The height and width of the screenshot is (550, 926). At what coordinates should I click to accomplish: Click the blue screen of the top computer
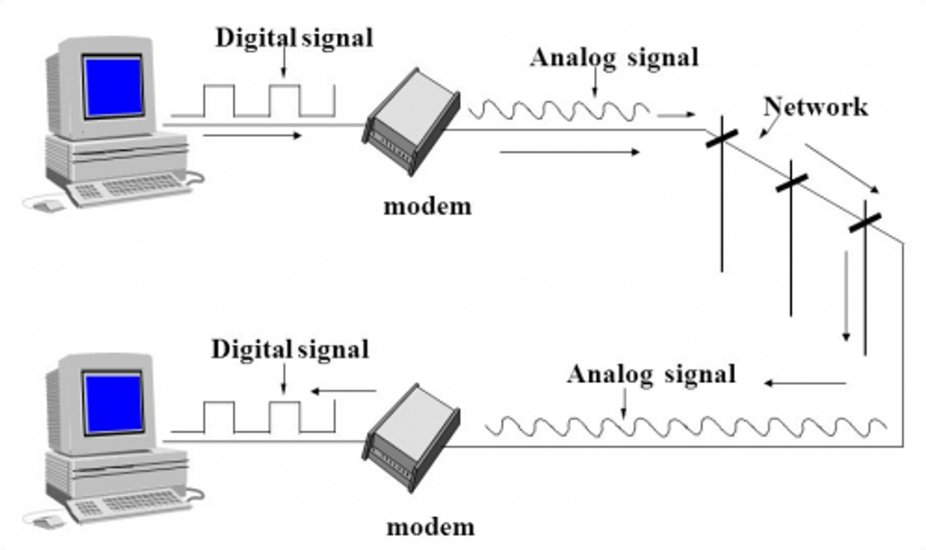coord(113,86)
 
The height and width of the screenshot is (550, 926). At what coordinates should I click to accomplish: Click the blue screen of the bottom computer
coord(113,403)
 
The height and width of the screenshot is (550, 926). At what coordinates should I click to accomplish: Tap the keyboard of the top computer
coord(134,188)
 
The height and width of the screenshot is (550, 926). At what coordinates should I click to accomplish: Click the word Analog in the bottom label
coord(610,374)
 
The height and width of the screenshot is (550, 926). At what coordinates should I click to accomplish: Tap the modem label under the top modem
coord(427,207)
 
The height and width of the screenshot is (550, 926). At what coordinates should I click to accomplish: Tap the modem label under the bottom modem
coord(431,528)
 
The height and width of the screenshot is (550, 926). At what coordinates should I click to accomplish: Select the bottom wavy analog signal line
coord(685,427)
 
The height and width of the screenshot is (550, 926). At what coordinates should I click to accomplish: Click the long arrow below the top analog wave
coord(569,152)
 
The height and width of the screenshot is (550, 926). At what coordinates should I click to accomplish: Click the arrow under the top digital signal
coord(252,136)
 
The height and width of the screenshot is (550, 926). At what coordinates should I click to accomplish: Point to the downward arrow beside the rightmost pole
coord(846,297)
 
